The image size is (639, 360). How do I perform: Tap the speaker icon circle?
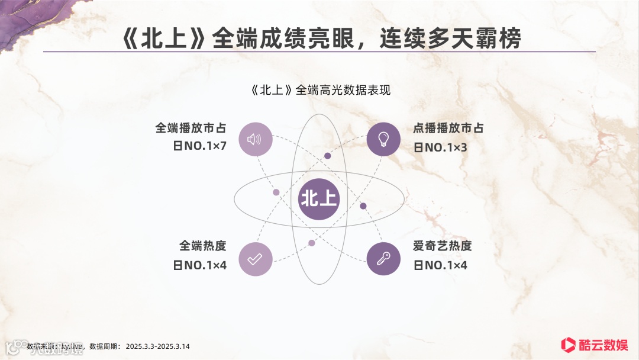255,140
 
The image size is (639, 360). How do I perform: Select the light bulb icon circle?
383,140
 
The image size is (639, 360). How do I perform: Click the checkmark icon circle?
255,259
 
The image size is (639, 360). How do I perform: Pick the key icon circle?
383,259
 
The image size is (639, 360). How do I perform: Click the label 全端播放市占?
191,128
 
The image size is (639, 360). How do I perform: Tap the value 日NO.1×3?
440,147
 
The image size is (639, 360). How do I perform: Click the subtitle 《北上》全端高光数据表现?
320,91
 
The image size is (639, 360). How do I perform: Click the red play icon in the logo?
569,344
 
